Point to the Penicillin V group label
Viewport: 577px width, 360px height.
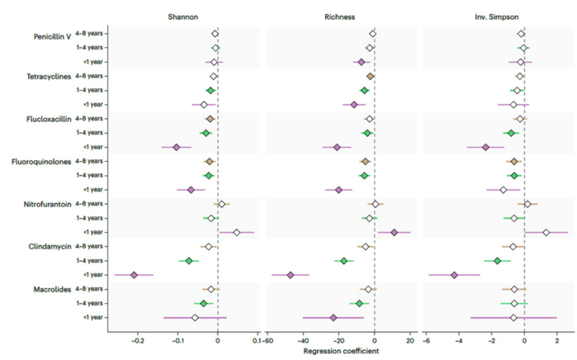click(x=52, y=37)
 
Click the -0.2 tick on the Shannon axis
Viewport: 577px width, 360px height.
click(x=138, y=340)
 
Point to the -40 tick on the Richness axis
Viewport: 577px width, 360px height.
click(x=304, y=340)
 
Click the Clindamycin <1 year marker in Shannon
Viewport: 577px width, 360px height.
click(x=134, y=275)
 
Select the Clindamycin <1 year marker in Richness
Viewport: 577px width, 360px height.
click(x=290, y=275)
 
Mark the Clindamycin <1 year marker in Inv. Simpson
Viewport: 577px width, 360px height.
click(x=454, y=275)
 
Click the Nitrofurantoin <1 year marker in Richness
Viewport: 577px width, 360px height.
click(x=394, y=232)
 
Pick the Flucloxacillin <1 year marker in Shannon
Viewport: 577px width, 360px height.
click(x=176, y=147)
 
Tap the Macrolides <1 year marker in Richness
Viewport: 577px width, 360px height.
click(x=333, y=318)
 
